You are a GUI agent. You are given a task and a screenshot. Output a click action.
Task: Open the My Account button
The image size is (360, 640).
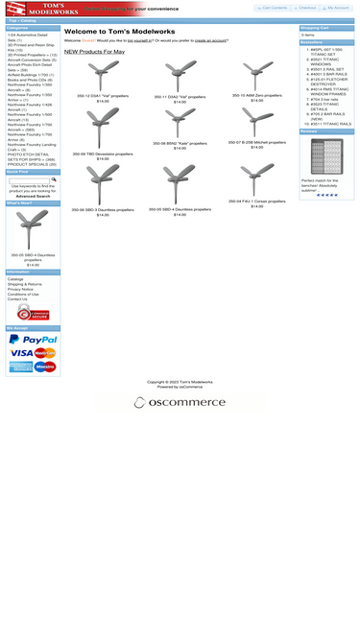point(336,8)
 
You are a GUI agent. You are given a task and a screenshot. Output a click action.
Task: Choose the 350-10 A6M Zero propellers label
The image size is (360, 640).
point(256,96)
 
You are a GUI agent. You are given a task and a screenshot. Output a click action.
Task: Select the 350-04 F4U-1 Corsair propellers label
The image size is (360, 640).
point(256,201)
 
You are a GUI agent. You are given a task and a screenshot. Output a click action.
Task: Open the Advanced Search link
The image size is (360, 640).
point(33,196)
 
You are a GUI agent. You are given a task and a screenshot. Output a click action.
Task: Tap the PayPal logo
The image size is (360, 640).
point(33,339)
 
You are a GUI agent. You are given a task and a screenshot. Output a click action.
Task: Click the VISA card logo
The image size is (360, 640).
point(21,353)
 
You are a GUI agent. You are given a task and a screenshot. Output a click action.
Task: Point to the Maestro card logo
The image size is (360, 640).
point(45,367)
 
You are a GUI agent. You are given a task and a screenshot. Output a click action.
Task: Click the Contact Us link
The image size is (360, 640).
point(17,298)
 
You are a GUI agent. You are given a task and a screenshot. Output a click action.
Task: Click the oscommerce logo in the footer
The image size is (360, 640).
point(180,402)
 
